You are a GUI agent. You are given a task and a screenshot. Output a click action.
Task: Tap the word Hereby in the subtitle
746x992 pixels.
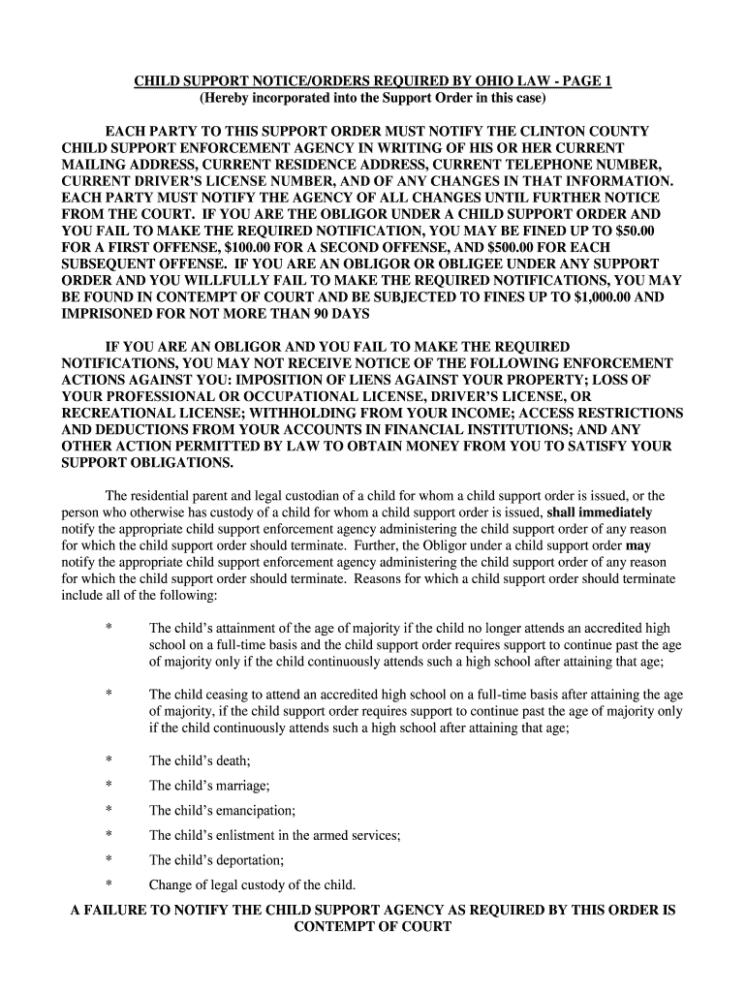pos(225,98)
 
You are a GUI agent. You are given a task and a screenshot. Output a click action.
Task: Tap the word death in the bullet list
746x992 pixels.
pos(226,761)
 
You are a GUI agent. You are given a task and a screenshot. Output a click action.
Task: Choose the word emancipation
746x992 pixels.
pos(247,810)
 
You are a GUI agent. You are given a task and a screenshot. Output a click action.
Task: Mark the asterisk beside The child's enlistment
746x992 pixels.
pos(109,835)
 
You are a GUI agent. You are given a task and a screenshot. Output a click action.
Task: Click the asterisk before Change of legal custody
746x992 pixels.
pos(109,884)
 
